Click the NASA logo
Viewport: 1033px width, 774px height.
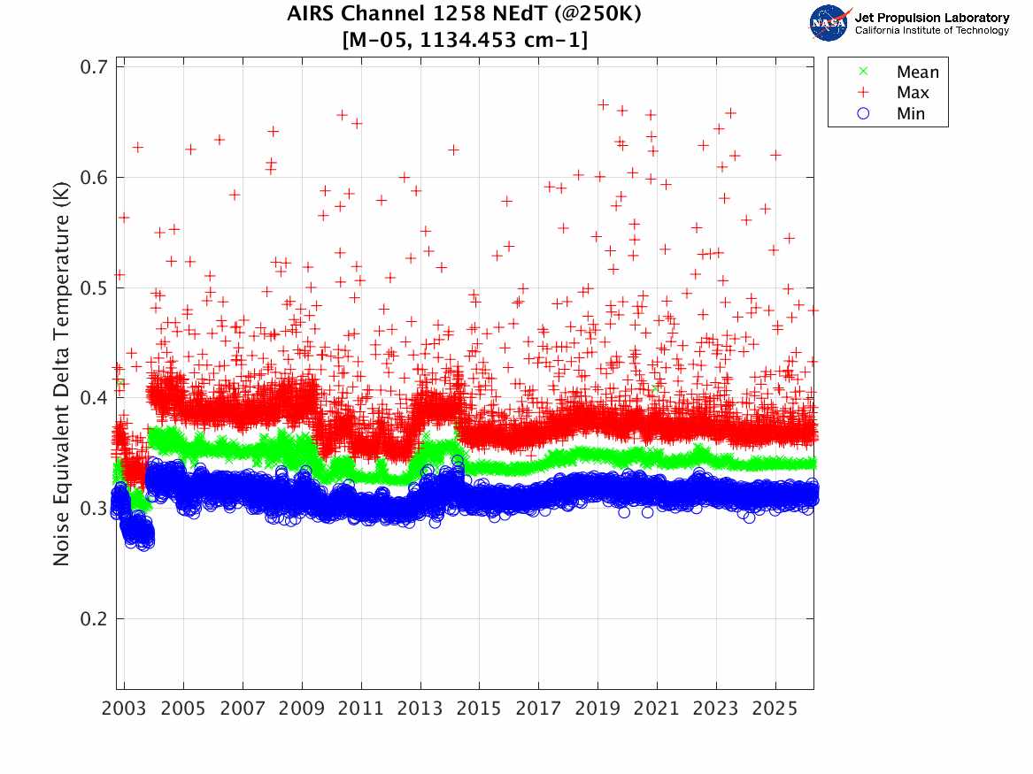pyautogui.click(x=830, y=22)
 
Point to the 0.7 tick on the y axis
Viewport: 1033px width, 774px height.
pyautogui.click(x=95, y=67)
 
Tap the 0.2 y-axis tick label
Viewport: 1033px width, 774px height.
pyautogui.click(x=95, y=618)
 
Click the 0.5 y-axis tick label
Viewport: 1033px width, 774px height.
pyautogui.click(x=95, y=287)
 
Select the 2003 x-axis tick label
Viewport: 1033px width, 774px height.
pyautogui.click(x=125, y=709)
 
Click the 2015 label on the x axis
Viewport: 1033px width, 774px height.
pyautogui.click(x=480, y=709)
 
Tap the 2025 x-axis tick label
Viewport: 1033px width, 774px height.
pyautogui.click(x=775, y=709)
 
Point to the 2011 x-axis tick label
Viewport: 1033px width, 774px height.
pyautogui.click(x=361, y=709)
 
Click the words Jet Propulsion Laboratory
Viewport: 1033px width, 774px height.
pyautogui.click(x=931, y=18)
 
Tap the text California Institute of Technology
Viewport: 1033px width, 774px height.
pyautogui.click(x=931, y=31)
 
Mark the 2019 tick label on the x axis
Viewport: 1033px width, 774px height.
pyautogui.click(x=598, y=709)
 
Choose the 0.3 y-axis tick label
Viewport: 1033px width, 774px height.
pyautogui.click(x=95, y=508)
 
